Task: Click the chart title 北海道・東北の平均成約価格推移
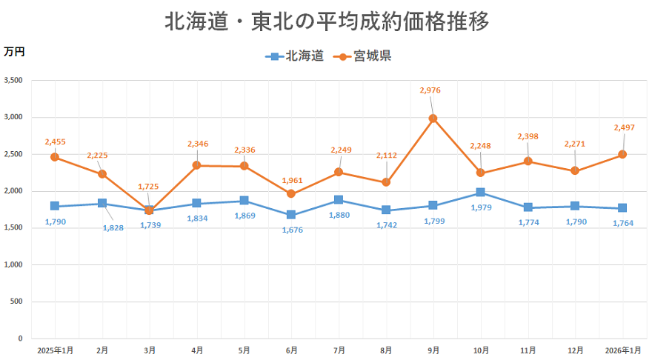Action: [x=326, y=21]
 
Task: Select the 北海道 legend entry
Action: [x=294, y=56]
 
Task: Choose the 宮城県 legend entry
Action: [x=363, y=56]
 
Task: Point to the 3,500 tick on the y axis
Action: [x=13, y=80]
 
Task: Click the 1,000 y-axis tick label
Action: [x=13, y=264]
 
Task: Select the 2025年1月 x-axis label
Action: [x=55, y=350]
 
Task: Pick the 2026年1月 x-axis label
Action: [x=623, y=350]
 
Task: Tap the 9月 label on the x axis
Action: [x=433, y=350]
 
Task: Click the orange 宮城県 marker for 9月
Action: [x=433, y=119]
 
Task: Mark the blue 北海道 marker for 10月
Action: [x=481, y=193]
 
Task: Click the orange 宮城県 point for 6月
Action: [x=291, y=194]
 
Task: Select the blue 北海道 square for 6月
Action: [x=291, y=215]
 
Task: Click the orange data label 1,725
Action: [x=149, y=187]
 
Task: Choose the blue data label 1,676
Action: [x=292, y=230]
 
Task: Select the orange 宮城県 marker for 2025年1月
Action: [x=55, y=157]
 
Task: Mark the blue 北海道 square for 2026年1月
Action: [x=623, y=208]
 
